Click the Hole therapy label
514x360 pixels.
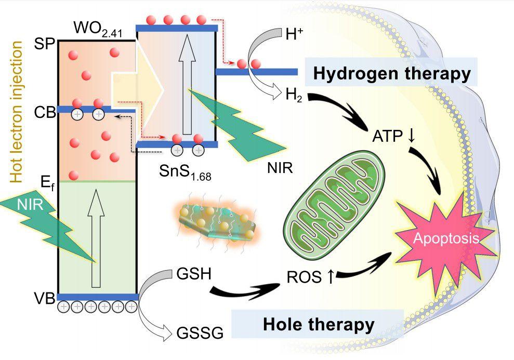tap(319, 325)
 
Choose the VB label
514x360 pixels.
tap(45, 297)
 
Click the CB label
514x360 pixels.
tap(45, 112)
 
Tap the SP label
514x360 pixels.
tap(46, 43)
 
